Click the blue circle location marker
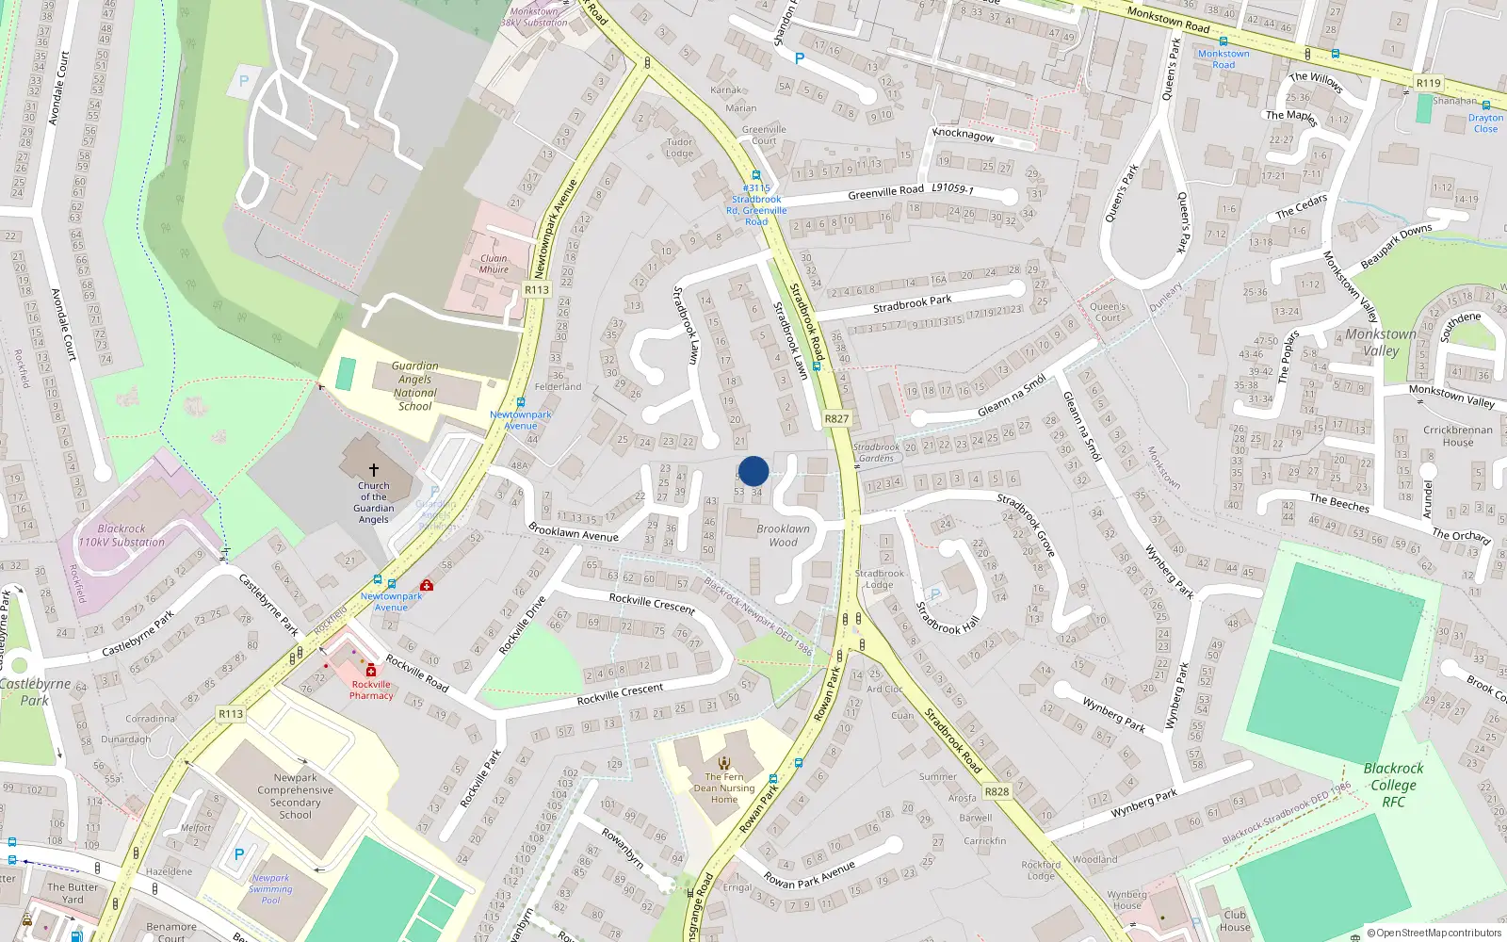click(753, 471)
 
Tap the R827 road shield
click(836, 419)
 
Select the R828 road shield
click(997, 791)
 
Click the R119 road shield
click(1428, 83)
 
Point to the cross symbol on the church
click(374, 469)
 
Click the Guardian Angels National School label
click(415, 386)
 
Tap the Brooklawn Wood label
click(783, 535)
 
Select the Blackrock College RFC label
click(1394, 785)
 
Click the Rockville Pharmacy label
click(371, 690)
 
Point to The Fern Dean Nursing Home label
click(724, 788)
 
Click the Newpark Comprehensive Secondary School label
click(296, 796)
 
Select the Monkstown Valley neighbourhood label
click(1381, 342)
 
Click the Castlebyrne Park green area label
click(35, 691)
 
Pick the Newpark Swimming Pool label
click(270, 888)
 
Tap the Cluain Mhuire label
click(494, 264)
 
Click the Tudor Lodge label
click(679, 148)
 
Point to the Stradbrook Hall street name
click(948, 618)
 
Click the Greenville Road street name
click(885, 192)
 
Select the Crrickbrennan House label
click(1457, 436)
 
